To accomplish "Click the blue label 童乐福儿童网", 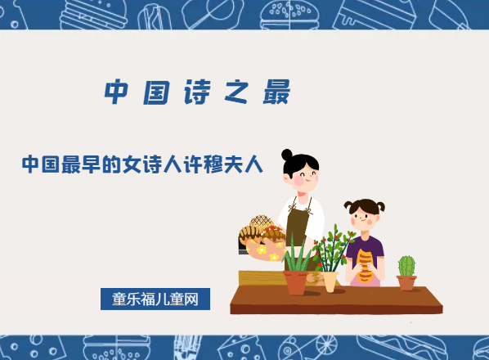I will click(155, 299).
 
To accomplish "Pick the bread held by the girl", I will click(365, 263).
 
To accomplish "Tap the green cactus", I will click(406, 266).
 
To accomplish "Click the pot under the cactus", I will click(406, 282).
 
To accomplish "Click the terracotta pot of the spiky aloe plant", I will click(296, 282).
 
